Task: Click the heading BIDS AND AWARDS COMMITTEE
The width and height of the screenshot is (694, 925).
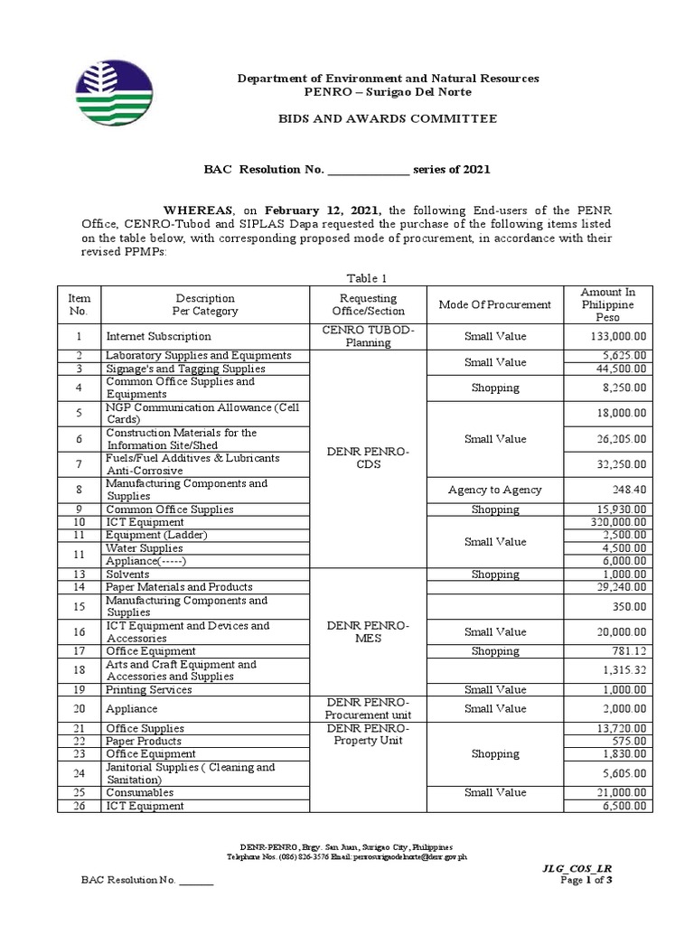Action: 388,118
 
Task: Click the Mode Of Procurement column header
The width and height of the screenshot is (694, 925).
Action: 494,304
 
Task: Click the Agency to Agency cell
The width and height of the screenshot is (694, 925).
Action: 494,490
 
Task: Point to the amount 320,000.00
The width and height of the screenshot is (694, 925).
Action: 617,522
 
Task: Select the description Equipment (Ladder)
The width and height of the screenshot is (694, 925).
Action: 156,535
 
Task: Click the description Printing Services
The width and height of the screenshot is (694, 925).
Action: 148,689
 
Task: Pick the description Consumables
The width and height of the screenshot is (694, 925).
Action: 139,792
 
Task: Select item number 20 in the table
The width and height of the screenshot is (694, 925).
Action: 79,709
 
